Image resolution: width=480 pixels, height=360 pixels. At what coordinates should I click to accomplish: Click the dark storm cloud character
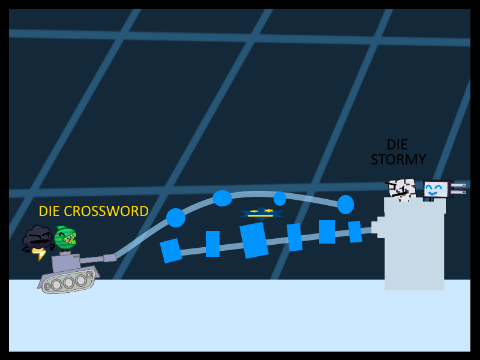tap(37, 238)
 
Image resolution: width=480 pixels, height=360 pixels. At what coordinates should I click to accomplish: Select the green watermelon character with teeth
tap(65, 238)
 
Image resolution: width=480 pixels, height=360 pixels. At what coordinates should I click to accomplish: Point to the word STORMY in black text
tap(398, 160)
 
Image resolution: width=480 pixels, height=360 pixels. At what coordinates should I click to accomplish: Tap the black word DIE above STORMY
tap(397, 145)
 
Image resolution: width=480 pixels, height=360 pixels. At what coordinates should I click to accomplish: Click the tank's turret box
tap(65, 262)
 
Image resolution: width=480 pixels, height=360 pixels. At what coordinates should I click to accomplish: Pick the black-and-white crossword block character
tap(401, 188)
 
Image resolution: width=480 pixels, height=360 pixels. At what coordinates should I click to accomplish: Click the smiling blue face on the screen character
tap(436, 190)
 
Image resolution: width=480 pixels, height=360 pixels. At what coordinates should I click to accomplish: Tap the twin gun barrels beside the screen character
tap(458, 188)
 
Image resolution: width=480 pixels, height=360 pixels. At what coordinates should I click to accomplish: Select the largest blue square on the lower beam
tap(254, 240)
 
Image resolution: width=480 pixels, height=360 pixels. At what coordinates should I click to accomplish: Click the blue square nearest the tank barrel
tap(171, 250)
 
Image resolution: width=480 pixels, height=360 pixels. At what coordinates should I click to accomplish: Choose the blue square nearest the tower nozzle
tap(355, 232)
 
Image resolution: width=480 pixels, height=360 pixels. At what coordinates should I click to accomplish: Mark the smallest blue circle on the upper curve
tap(280, 199)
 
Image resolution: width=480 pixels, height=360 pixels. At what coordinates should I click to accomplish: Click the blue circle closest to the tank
tap(175, 217)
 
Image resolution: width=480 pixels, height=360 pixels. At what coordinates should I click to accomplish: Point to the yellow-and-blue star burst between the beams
tap(261, 213)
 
